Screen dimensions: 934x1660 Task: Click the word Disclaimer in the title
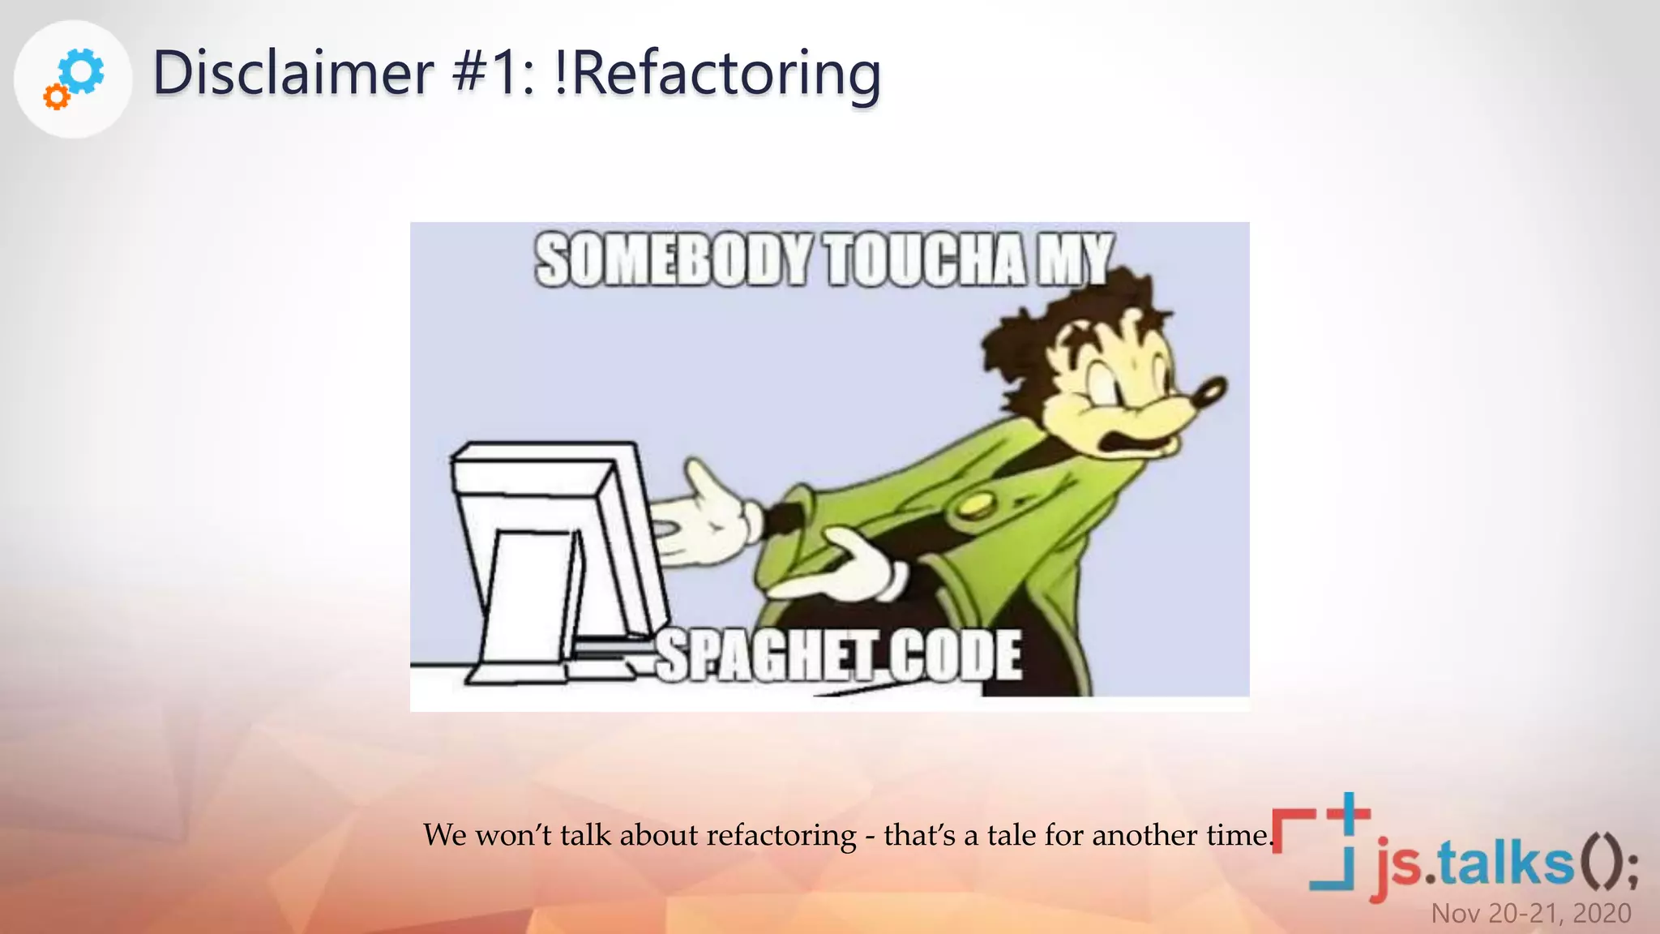(x=293, y=73)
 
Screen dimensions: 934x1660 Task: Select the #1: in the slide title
(x=493, y=73)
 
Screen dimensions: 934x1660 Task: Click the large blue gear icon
(x=82, y=71)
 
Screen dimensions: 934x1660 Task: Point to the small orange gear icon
(x=56, y=97)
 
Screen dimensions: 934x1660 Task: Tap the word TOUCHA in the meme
(x=926, y=260)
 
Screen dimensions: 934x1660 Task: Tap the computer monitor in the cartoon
(x=551, y=551)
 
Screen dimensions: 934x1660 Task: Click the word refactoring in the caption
(x=781, y=835)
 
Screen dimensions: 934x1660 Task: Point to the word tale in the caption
(x=1009, y=835)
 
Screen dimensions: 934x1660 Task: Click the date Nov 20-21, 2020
(x=1530, y=914)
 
